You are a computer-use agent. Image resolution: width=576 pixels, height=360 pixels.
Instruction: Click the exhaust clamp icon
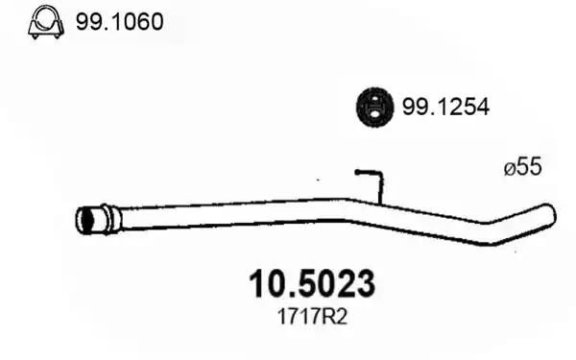coord(46,22)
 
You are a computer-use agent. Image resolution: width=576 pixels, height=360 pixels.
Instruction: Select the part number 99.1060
coord(119,22)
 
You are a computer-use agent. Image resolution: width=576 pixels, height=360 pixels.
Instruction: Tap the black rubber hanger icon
coord(374,108)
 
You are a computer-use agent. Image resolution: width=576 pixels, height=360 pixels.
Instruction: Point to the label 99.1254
coord(445,107)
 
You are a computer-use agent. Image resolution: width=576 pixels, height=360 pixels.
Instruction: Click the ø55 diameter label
coord(523,166)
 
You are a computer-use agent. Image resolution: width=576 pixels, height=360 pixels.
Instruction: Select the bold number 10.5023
coord(312,284)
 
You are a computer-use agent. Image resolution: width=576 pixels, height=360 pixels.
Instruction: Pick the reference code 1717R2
coord(312,317)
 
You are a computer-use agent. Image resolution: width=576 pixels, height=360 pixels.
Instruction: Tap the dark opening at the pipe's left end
coord(85,221)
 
